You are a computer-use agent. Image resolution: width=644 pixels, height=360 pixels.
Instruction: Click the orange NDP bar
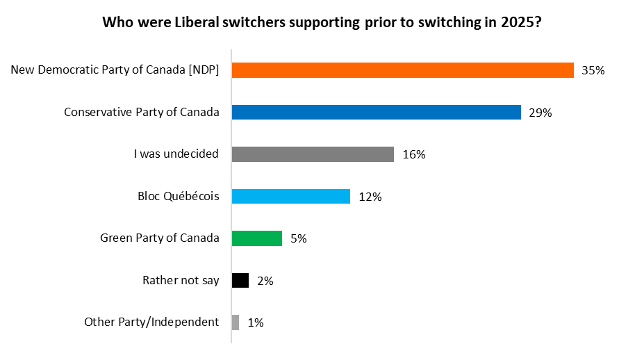(x=402, y=70)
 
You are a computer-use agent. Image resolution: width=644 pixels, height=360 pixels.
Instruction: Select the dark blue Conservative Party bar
(x=376, y=113)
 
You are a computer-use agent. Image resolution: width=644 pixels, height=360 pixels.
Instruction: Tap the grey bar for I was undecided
(x=313, y=154)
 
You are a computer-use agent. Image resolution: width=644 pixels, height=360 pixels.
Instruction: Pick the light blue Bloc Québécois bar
(x=290, y=197)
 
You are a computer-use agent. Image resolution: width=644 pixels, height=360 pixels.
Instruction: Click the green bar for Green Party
(x=256, y=238)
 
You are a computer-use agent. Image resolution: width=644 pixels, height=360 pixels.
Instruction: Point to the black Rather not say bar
(x=240, y=281)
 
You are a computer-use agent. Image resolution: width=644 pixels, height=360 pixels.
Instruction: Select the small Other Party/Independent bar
(x=236, y=322)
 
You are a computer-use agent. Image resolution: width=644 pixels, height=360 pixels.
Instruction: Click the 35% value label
(x=594, y=71)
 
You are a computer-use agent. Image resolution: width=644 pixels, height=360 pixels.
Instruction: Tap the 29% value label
(x=540, y=113)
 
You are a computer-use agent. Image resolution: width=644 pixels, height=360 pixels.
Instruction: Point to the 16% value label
(x=414, y=155)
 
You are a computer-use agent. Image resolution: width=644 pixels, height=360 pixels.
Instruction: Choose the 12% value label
(x=370, y=197)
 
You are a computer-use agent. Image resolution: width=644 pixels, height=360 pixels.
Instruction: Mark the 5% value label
(x=299, y=239)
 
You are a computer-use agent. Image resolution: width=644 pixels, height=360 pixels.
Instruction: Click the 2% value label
(x=265, y=281)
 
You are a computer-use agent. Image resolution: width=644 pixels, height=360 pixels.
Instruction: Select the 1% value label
(x=256, y=323)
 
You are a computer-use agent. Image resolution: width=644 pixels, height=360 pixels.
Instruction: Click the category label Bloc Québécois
(x=179, y=197)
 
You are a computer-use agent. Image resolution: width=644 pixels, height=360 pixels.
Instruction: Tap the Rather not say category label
(x=181, y=281)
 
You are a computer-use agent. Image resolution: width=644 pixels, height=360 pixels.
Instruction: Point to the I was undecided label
(x=176, y=154)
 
